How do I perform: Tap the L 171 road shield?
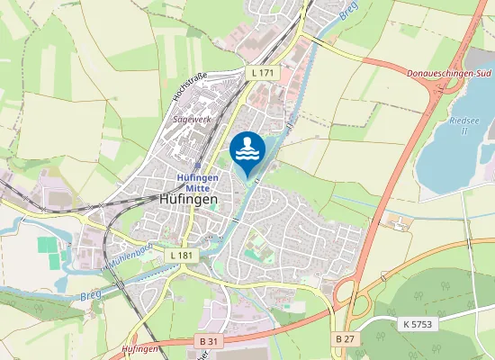point(262,70)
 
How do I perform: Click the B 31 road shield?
point(209,340)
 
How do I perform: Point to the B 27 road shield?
point(345,338)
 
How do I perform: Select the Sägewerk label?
point(190,118)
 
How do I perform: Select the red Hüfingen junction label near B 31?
point(139,348)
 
